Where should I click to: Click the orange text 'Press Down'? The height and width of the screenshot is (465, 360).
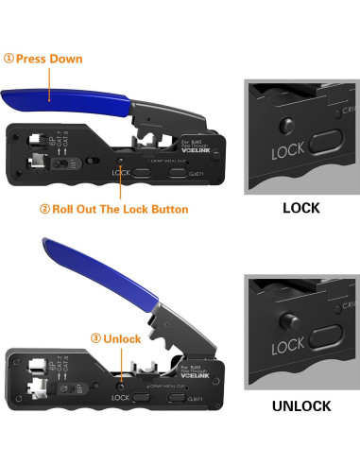[x=49, y=59]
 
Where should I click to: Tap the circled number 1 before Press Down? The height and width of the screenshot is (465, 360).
[x=9, y=59]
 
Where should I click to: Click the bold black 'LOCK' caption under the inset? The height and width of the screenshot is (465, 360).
[x=300, y=207]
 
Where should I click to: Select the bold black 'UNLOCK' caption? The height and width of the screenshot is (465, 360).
[x=300, y=405]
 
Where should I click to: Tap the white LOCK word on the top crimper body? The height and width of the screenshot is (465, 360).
[x=120, y=173]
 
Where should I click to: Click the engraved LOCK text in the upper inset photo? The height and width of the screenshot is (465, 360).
[x=286, y=150]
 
